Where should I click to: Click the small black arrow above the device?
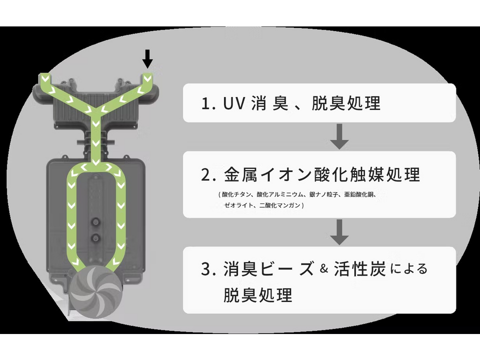147,59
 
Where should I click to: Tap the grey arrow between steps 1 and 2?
339,136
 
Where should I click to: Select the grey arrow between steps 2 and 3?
339,232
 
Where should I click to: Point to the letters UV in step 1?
234,103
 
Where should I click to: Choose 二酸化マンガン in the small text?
280,205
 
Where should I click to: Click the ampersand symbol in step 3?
324,269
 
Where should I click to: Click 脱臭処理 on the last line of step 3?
258,295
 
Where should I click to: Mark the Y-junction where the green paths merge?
95,111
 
